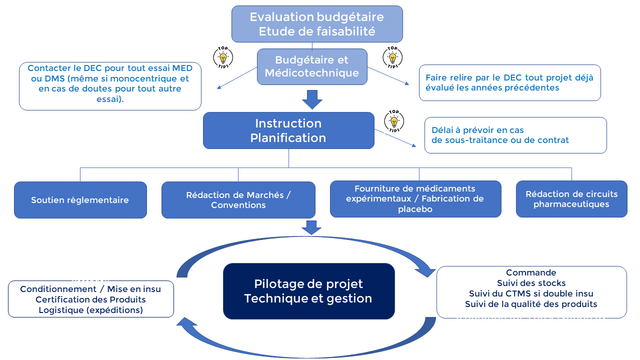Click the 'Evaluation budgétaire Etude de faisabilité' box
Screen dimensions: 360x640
[317, 24]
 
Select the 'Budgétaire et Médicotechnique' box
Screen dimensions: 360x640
[312, 66]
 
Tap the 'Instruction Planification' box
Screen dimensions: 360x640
[288, 130]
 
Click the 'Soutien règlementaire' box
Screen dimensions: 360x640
[80, 200]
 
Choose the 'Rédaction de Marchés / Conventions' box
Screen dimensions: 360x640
[238, 200]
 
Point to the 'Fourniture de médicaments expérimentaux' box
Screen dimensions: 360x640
[415, 199]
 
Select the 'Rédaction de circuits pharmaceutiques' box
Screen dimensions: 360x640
[571, 199]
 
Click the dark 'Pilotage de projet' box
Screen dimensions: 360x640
[308, 291]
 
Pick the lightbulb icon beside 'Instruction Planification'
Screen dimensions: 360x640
[394, 121]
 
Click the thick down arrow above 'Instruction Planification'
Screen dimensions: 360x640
[312, 99]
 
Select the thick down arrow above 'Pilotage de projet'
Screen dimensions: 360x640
[311, 227]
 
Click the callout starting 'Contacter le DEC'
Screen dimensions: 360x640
[110, 86]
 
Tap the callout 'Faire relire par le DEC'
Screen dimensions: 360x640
[509, 82]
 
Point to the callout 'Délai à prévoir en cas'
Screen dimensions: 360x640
[515, 135]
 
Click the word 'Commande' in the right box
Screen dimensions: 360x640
[531, 273]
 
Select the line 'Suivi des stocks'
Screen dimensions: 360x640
[531, 283]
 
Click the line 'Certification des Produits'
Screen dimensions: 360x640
[90, 299]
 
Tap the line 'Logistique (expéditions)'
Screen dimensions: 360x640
[90, 310]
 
